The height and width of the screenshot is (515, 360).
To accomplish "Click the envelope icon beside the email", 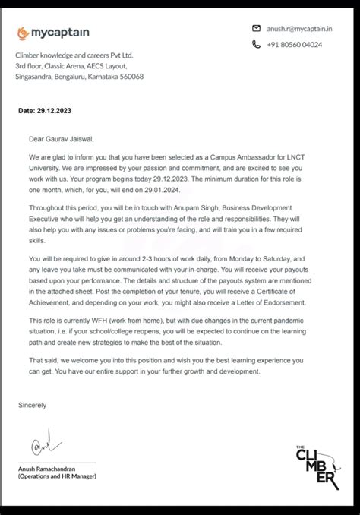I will (x=256, y=28).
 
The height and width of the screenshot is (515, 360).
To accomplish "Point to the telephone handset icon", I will (x=256, y=45).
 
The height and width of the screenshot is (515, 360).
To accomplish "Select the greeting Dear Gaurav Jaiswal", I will (x=62, y=139).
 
